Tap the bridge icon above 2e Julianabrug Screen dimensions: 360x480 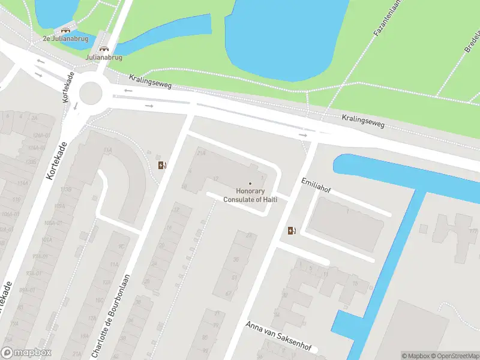(65, 29)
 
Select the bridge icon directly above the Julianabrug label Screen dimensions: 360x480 (104, 49)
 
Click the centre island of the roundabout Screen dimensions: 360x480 (91, 92)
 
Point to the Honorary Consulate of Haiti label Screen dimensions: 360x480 (250, 195)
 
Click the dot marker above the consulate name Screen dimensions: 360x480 (250, 184)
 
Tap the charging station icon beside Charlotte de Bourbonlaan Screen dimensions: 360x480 (161, 165)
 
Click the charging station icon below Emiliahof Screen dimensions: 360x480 (292, 230)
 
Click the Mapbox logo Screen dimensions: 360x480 (26, 353)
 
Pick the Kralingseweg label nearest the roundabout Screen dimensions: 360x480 (150, 82)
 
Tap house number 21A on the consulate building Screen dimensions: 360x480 (202, 153)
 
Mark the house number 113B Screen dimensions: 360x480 (65, 190)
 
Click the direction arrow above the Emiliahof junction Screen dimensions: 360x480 (303, 135)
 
